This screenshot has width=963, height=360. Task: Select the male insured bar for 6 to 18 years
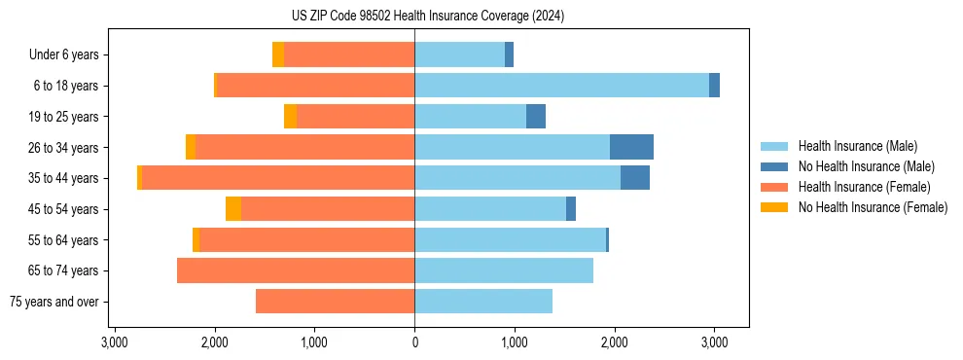[x=561, y=86]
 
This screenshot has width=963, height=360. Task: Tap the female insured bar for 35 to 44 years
[x=570, y=178]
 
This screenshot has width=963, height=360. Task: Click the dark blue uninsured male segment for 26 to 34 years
[x=631, y=147]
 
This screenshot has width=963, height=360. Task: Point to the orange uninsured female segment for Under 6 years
[x=278, y=54]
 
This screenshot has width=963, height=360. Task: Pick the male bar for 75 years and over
[x=483, y=302]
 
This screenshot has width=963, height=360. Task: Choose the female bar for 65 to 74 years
[x=296, y=270]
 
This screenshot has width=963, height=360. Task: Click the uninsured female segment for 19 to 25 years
[x=290, y=117]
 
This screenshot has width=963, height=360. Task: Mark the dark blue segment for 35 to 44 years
[x=635, y=178]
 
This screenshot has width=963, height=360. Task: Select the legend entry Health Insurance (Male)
[x=857, y=146]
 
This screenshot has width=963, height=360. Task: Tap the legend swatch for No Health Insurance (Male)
[x=775, y=166]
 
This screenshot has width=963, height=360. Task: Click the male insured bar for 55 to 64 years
[x=510, y=239]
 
